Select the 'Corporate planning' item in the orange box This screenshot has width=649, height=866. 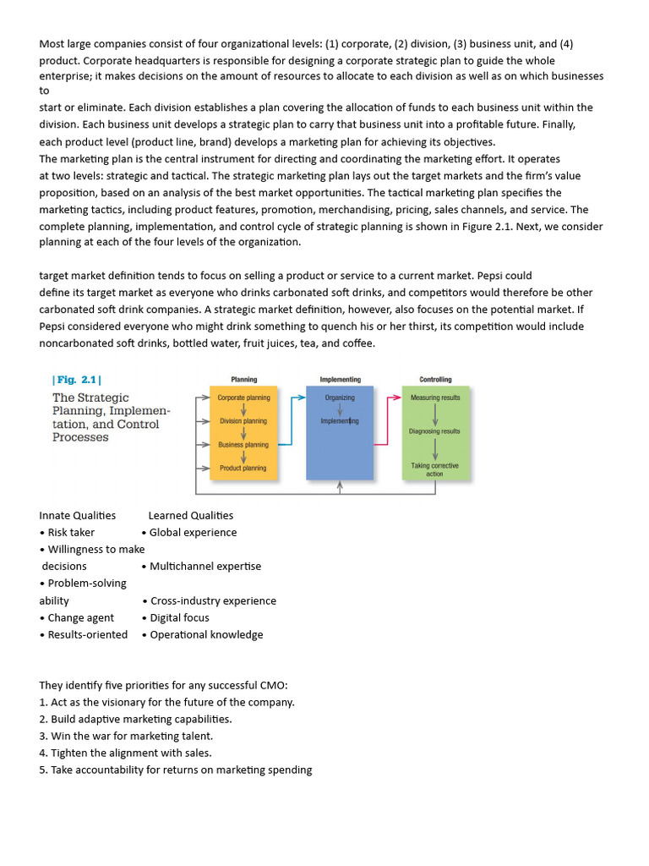pyautogui.click(x=243, y=397)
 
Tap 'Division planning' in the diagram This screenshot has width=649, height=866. pyautogui.click(x=243, y=420)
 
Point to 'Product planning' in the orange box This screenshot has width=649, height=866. pyautogui.click(x=243, y=468)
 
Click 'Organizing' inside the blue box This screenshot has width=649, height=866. pyautogui.click(x=340, y=397)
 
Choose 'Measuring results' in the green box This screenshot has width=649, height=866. pyautogui.click(x=435, y=397)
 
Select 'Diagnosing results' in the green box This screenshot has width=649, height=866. pyautogui.click(x=435, y=431)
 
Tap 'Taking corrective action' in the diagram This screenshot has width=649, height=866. pyautogui.click(x=435, y=469)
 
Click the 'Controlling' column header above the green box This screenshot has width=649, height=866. pyautogui.click(x=435, y=380)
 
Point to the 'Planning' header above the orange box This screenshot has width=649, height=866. pyautogui.click(x=244, y=380)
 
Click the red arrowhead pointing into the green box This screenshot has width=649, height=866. pyautogui.click(x=397, y=397)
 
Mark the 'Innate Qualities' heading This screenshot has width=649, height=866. pyautogui.click(x=78, y=515)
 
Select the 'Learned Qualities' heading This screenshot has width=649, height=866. pyautogui.click(x=191, y=515)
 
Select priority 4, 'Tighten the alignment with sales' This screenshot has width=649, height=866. pyautogui.click(x=126, y=753)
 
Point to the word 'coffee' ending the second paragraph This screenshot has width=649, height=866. pyautogui.click(x=357, y=343)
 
